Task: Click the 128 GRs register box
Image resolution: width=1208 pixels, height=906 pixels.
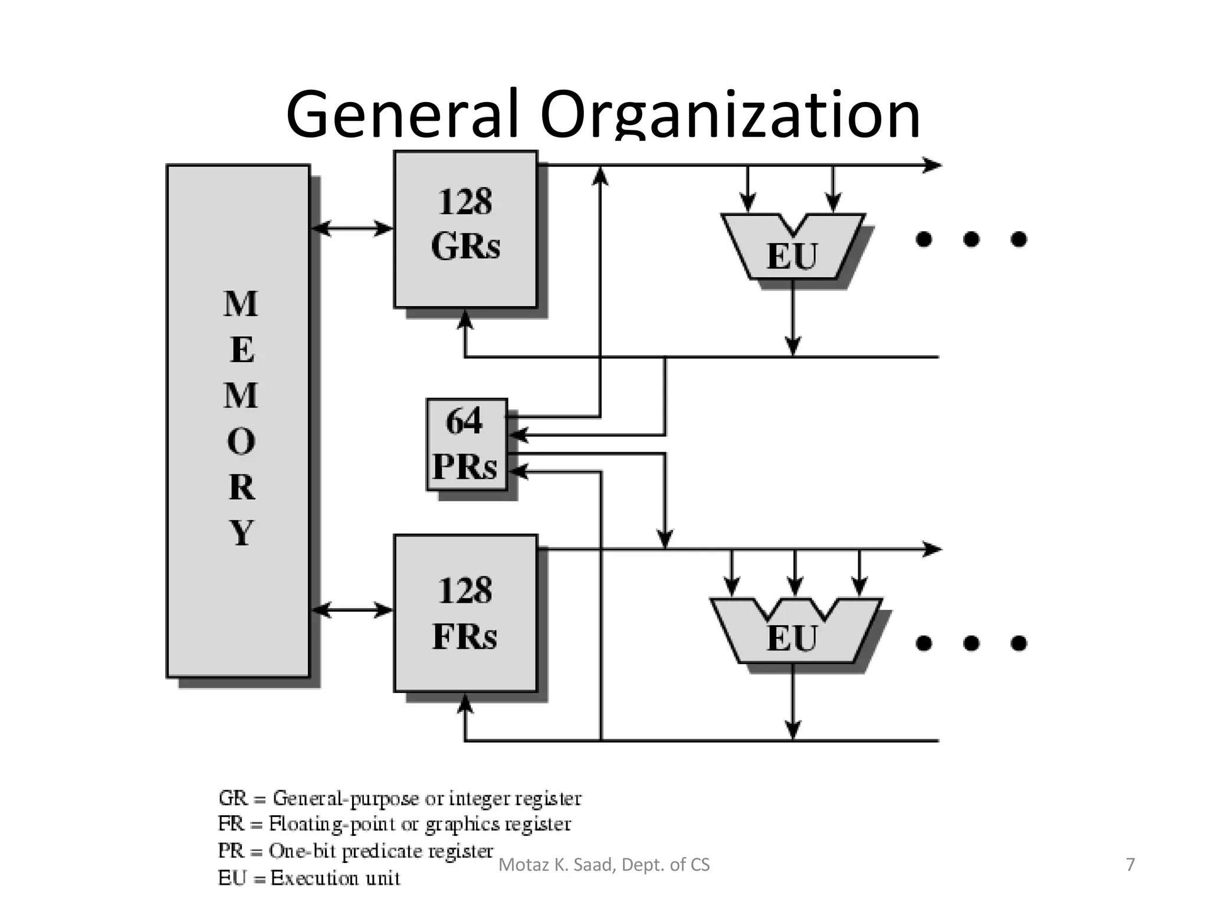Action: (x=465, y=229)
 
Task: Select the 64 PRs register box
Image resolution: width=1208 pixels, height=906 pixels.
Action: (x=467, y=444)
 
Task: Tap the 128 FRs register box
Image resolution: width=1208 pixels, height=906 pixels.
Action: (x=465, y=613)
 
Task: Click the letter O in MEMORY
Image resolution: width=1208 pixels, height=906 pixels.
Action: (x=241, y=441)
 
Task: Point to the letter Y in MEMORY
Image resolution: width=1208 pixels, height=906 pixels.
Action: (x=241, y=532)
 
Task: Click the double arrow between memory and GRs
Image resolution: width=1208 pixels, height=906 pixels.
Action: (x=352, y=228)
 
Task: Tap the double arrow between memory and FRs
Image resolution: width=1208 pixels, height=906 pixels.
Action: (x=352, y=609)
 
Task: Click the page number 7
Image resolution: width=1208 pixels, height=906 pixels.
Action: (x=1130, y=865)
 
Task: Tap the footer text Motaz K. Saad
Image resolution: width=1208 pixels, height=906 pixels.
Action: (x=603, y=865)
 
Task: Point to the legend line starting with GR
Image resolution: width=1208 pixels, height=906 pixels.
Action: (x=399, y=799)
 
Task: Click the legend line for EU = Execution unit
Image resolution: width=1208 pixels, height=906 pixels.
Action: (x=309, y=878)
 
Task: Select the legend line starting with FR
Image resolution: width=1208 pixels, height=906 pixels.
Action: (x=394, y=824)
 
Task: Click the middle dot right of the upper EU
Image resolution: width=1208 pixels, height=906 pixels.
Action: (x=971, y=239)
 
